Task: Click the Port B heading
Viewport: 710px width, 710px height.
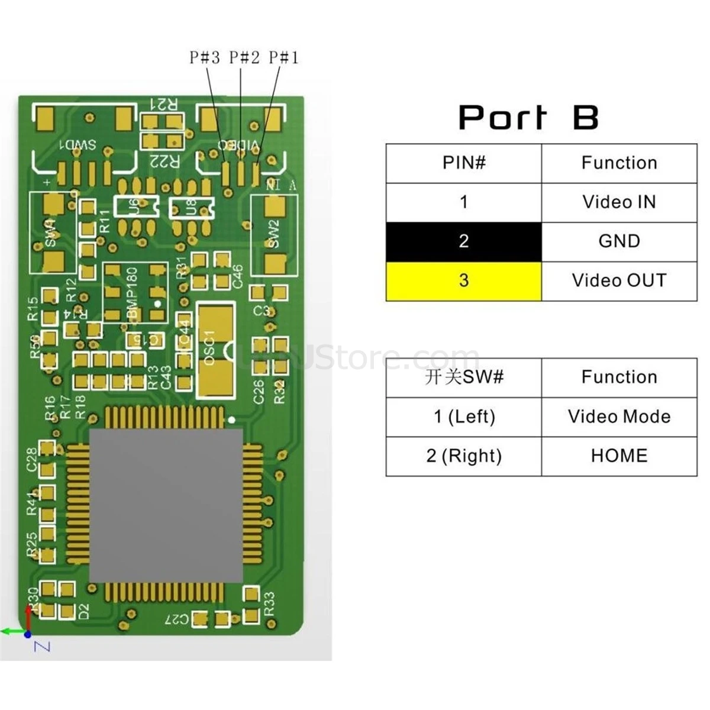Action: click(x=528, y=117)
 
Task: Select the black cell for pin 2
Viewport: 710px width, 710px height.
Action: click(x=464, y=241)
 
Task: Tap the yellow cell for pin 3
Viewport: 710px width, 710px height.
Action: click(x=464, y=280)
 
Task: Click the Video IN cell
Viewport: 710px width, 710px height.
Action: click(x=619, y=202)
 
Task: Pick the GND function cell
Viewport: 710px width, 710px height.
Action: click(x=619, y=241)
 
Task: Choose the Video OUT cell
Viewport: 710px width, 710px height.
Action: click(x=619, y=280)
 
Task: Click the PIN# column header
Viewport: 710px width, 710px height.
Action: click(x=464, y=163)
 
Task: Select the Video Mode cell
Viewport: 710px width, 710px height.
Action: click(x=619, y=417)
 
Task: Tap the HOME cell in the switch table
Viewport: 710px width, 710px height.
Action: click(x=619, y=456)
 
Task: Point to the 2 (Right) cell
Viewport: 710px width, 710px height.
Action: click(x=464, y=456)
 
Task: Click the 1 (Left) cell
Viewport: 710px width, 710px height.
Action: click(x=464, y=417)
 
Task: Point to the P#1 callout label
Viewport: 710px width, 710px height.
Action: click(x=284, y=57)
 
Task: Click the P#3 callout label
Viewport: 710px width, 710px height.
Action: click(x=204, y=57)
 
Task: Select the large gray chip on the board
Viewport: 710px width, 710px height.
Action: click(x=166, y=505)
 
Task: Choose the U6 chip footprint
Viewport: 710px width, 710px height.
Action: click(x=136, y=207)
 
